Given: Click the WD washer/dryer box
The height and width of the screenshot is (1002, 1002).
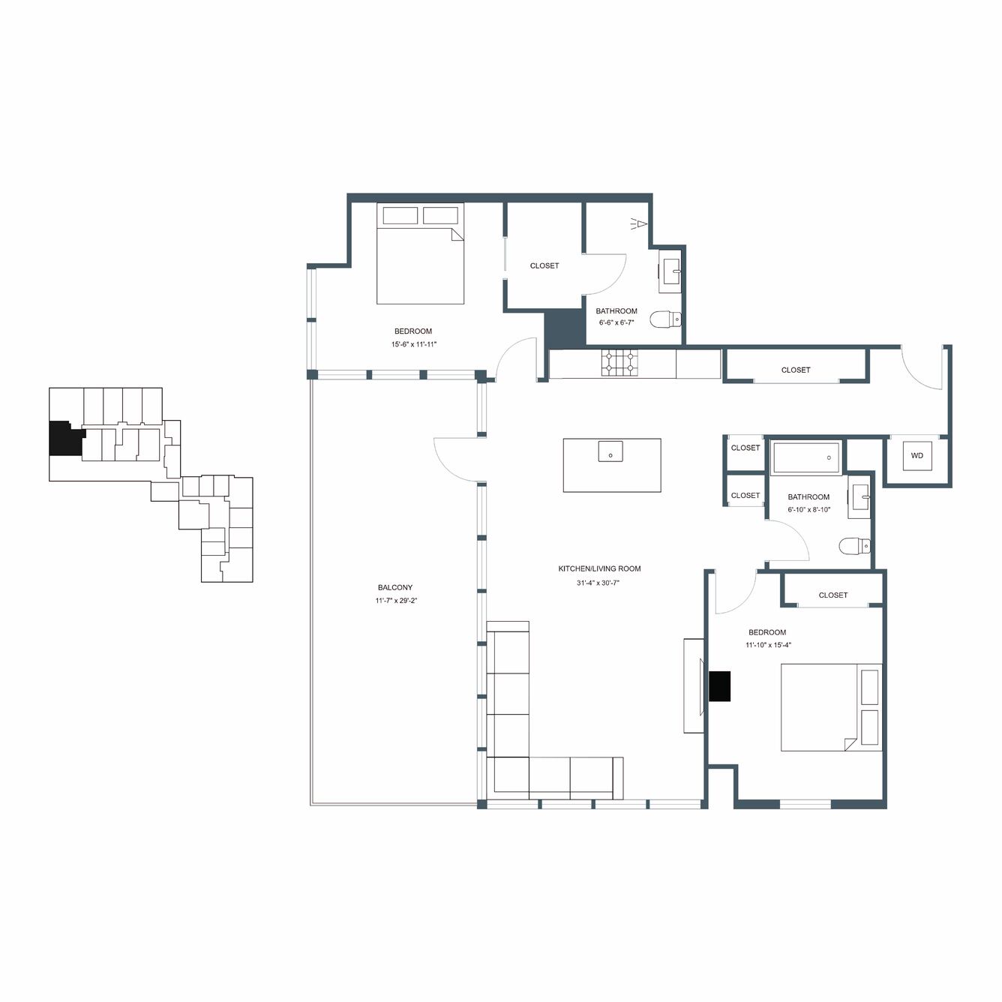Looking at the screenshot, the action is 916,455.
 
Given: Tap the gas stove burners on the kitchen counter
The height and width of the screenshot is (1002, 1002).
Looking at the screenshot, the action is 619,362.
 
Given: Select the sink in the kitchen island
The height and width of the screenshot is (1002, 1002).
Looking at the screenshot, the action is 610,451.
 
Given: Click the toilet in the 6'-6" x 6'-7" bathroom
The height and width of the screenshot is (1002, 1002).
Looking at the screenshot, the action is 666,318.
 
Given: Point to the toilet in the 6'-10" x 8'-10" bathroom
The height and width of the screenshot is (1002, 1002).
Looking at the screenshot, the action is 854,545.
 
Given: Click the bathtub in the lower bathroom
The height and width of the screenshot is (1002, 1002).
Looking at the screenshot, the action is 805,457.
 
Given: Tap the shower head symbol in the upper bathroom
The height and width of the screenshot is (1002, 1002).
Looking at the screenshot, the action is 638,224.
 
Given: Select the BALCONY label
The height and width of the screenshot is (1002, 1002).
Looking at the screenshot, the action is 395,587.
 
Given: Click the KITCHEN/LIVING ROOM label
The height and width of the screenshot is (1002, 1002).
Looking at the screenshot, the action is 599,568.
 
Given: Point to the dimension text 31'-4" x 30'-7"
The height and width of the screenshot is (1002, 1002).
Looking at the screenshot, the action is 598,583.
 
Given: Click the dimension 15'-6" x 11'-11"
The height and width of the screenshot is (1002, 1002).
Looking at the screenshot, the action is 414,344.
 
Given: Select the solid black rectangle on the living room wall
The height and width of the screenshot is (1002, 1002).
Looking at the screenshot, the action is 720,685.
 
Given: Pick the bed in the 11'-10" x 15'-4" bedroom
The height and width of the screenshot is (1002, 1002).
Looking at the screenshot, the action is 832,706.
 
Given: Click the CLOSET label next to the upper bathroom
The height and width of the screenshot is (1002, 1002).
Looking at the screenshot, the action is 544,265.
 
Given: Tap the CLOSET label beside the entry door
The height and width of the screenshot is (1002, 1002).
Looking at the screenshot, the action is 796,370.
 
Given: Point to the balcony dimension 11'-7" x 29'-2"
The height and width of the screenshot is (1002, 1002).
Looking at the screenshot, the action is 396,601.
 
